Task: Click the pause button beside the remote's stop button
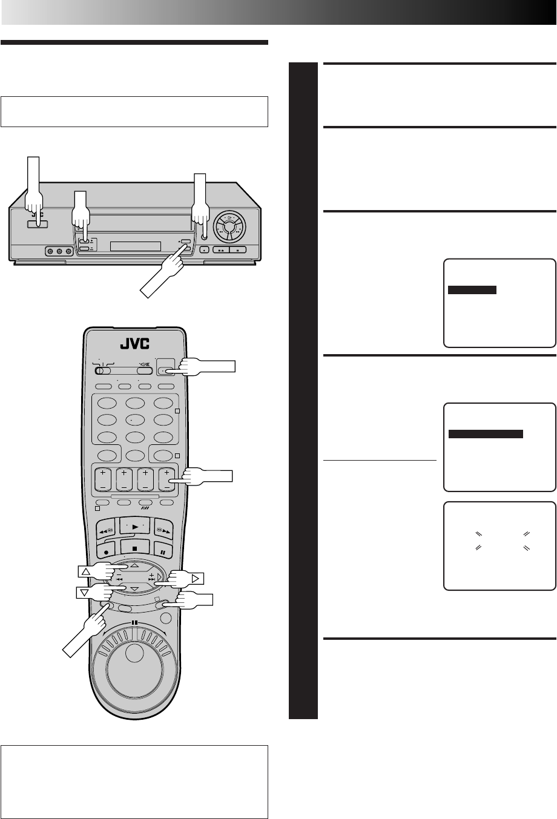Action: (163, 551)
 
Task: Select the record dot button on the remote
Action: (106, 551)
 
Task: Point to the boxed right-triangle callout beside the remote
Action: (197, 577)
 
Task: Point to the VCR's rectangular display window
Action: (136, 247)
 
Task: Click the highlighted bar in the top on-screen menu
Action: (472, 290)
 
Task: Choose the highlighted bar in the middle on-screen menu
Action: (486, 433)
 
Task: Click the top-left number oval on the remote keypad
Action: (107, 404)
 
